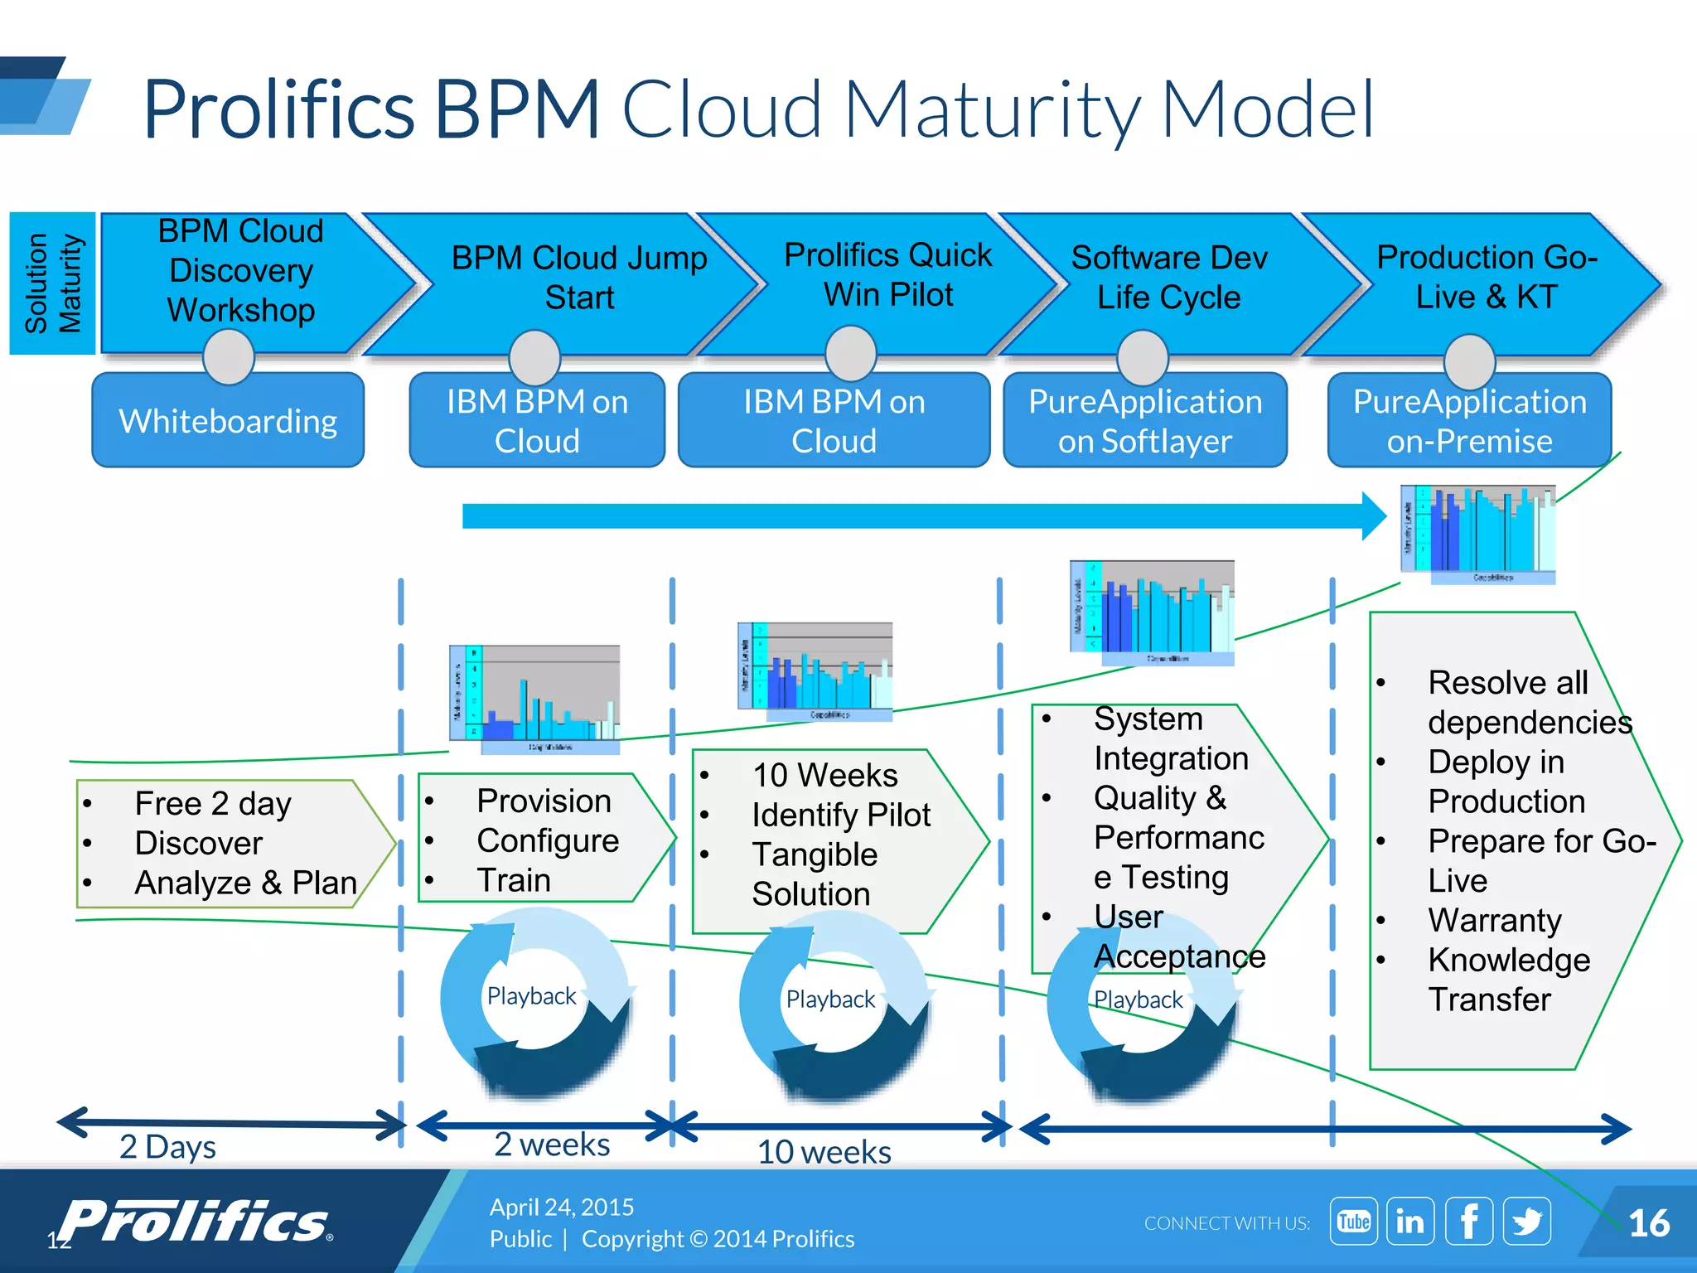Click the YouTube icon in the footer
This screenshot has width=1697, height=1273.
pyautogui.click(x=1353, y=1221)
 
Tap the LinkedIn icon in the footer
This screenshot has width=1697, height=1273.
pyautogui.click(x=1410, y=1221)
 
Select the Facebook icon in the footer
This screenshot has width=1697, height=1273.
pyautogui.click(x=1469, y=1221)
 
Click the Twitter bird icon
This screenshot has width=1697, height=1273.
pyautogui.click(x=1526, y=1221)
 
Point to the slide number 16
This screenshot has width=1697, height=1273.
pyautogui.click(x=1648, y=1223)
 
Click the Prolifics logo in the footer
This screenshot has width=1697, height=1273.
pyautogui.click(x=196, y=1221)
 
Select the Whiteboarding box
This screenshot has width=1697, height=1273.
pyautogui.click(x=228, y=421)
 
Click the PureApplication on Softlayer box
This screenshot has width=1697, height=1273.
pyautogui.click(x=1145, y=421)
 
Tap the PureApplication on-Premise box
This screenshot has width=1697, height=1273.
pyautogui.click(x=1469, y=421)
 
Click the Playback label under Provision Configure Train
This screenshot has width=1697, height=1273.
pyautogui.click(x=531, y=995)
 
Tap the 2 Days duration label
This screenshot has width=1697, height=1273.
pyautogui.click(x=167, y=1147)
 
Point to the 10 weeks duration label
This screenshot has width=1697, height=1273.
pyautogui.click(x=824, y=1152)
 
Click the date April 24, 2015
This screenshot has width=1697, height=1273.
pyautogui.click(x=562, y=1207)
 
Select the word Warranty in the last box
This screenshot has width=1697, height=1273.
pyautogui.click(x=1494, y=920)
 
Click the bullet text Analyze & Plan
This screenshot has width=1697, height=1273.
pyautogui.click(x=245, y=883)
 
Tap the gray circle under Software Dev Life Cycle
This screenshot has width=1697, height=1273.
pyautogui.click(x=1143, y=357)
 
